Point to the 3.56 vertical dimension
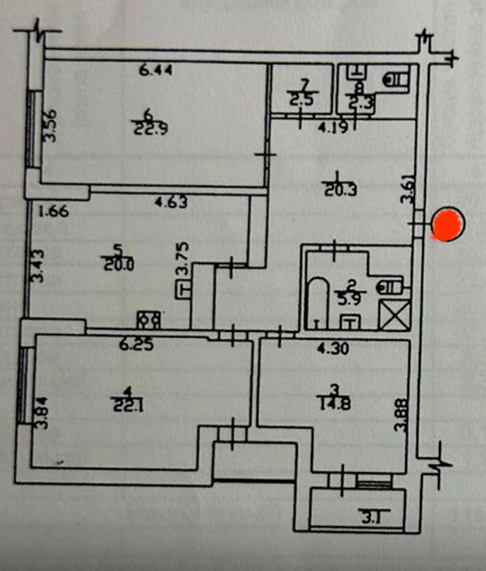50,126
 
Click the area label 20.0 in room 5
117,263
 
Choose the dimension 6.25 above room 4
136,345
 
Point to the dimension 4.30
333,348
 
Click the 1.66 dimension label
54,210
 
